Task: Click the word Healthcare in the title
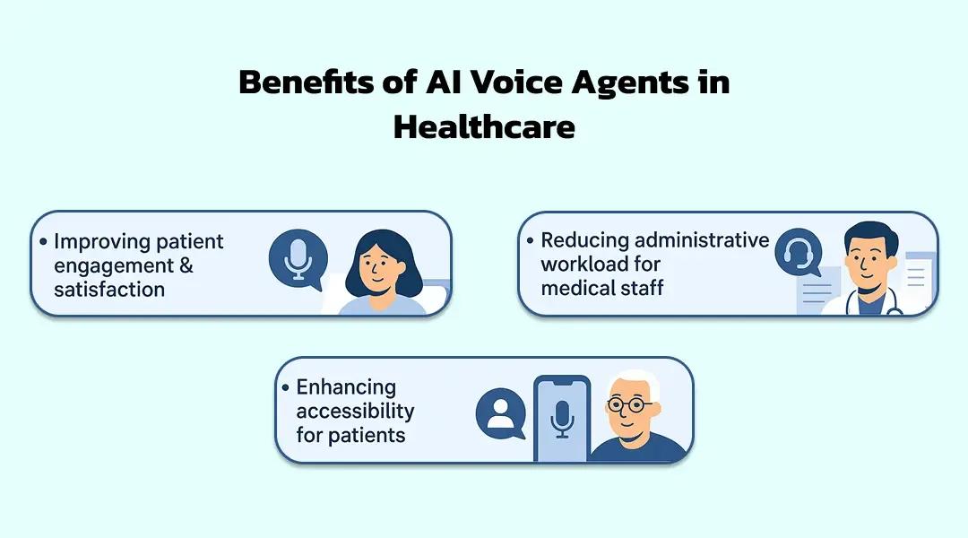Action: [484, 126]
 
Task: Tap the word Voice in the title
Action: [494, 83]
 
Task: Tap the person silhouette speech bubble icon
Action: [500, 412]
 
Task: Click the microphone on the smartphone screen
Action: [562, 418]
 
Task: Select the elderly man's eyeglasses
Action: [631, 404]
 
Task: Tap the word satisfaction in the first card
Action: [109, 290]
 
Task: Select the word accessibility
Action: [355, 412]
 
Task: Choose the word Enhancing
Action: [346, 387]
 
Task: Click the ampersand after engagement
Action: [186, 265]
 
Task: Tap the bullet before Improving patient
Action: [43, 242]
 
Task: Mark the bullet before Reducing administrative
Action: [531, 240]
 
